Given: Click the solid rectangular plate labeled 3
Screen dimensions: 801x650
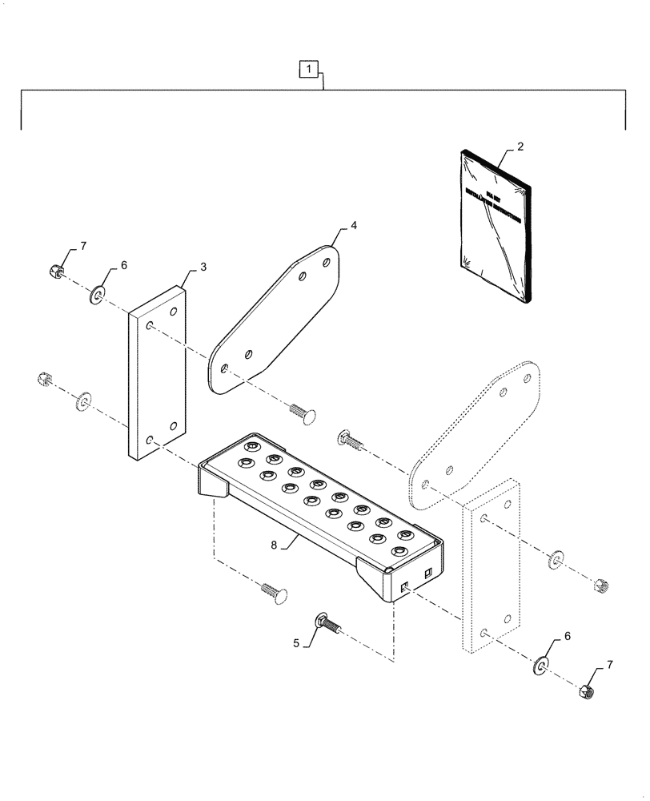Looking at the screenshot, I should click(157, 372).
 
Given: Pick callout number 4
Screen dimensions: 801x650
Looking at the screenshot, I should click(353, 227).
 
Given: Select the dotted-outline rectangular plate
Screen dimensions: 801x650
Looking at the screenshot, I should click(490, 569).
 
